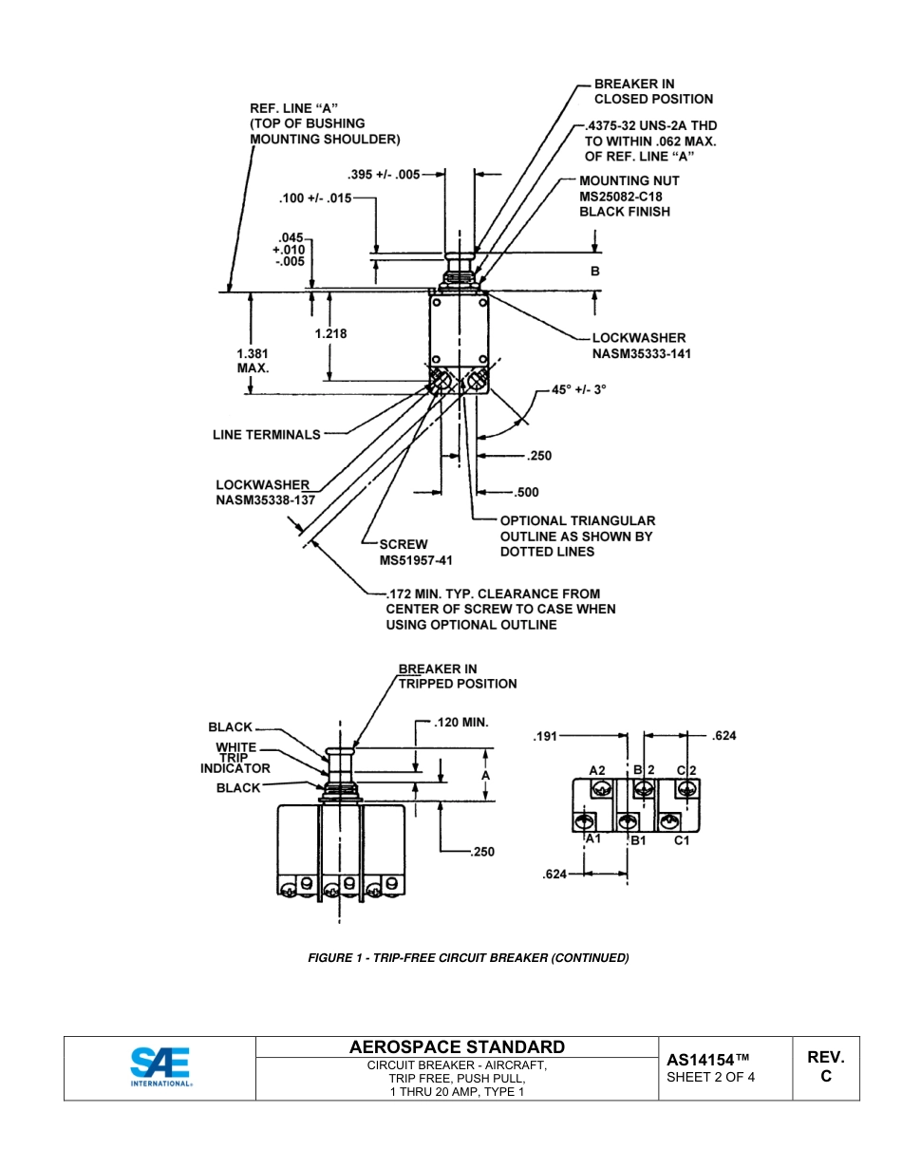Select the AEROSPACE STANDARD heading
pos(457,1046)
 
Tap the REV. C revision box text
pos(825,1066)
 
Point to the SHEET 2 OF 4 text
pos(711,1077)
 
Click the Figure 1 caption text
pos(468,957)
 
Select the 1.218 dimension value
pos(330,333)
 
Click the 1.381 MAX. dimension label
pos(253,360)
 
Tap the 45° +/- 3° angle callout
pos(578,389)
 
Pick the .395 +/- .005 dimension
pos(383,174)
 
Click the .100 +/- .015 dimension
pos(315,198)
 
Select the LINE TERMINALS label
pos(266,434)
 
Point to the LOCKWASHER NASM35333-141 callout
pos(638,345)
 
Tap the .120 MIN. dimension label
pos(460,722)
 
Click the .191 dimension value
pos(546,735)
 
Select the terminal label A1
pos(592,838)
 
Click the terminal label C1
pos(681,840)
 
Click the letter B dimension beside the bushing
pos(595,271)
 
